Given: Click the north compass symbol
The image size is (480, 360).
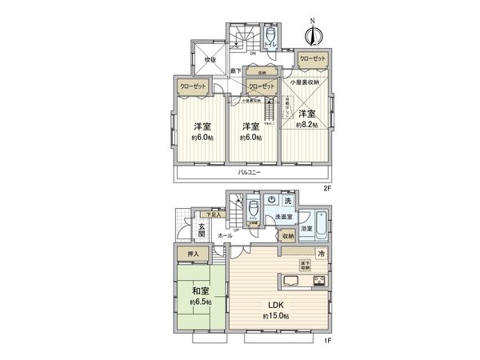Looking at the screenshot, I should (x=314, y=34).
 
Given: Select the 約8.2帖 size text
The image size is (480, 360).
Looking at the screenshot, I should (x=306, y=125).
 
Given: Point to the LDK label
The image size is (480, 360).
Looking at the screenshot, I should (x=275, y=305).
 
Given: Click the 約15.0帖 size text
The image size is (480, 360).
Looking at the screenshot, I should (x=275, y=317).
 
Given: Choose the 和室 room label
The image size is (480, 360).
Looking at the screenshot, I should (x=201, y=292).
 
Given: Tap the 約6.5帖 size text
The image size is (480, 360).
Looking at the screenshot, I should (x=201, y=303).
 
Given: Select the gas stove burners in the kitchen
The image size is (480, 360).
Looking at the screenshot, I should (x=318, y=279).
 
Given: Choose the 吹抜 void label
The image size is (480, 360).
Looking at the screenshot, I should (x=210, y=59).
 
